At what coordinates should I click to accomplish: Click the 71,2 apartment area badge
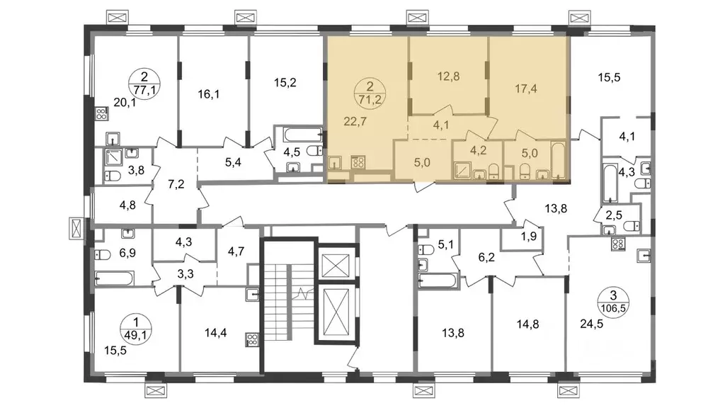(370, 93)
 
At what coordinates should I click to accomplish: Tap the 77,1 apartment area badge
(144, 83)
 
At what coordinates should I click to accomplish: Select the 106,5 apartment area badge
(613, 302)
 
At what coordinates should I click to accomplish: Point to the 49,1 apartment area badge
(135, 328)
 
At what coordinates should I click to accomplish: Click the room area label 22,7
(355, 122)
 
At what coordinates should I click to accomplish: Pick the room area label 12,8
(448, 76)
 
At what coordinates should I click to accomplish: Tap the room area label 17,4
(526, 88)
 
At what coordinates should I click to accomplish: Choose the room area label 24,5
(591, 324)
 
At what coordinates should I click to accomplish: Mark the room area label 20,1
(125, 102)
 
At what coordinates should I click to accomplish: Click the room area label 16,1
(209, 94)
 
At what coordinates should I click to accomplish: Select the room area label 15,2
(285, 83)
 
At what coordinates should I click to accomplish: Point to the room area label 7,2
(176, 184)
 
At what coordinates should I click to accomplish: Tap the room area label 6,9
(127, 253)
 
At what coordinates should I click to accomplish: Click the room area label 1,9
(528, 237)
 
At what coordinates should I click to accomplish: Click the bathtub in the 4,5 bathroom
(303, 135)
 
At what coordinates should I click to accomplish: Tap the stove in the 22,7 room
(358, 162)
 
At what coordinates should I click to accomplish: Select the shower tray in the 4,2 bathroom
(462, 171)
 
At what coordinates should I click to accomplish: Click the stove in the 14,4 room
(253, 340)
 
